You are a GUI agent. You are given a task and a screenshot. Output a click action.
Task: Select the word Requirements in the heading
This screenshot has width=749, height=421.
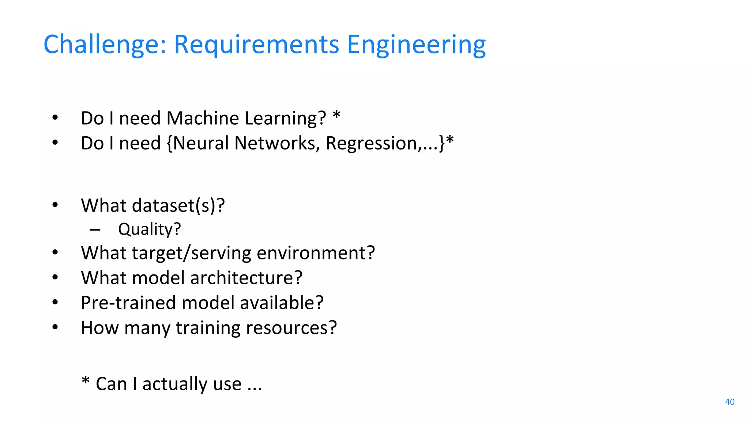pyautogui.click(x=256, y=45)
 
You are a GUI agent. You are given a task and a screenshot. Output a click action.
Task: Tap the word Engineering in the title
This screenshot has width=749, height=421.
pyautogui.click(x=416, y=45)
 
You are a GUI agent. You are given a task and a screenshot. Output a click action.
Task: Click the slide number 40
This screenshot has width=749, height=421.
pyautogui.click(x=730, y=402)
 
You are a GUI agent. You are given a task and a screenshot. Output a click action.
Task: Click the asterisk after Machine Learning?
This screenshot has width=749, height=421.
pyautogui.click(x=336, y=115)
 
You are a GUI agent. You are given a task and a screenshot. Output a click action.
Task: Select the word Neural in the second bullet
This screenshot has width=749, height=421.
pyautogui.click(x=201, y=143)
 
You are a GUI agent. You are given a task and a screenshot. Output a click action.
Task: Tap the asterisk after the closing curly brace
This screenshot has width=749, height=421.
pyautogui.click(x=450, y=140)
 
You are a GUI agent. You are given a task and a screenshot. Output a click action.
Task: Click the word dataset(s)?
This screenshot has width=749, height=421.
pyautogui.click(x=178, y=205)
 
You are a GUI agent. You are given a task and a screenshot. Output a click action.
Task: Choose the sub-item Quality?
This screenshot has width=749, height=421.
pyautogui.click(x=149, y=230)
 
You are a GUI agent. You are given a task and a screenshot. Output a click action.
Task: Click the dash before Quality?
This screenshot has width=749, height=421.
pyautogui.click(x=95, y=230)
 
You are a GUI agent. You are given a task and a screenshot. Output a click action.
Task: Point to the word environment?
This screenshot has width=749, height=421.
pyautogui.click(x=316, y=253)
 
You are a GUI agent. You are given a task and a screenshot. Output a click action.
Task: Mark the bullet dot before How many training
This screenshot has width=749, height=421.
pyautogui.click(x=55, y=327)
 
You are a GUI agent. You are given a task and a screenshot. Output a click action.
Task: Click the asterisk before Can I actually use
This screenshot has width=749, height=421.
pyautogui.click(x=85, y=381)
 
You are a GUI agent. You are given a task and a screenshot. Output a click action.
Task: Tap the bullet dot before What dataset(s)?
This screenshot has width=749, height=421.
pyautogui.click(x=55, y=205)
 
